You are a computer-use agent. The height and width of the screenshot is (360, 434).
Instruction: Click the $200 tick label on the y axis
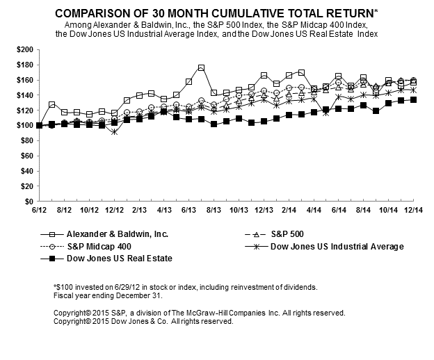(x=23, y=50)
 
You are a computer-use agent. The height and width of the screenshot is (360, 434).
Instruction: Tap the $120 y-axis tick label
(x=23, y=110)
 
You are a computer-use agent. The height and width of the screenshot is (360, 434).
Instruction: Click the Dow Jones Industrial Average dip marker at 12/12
(x=114, y=131)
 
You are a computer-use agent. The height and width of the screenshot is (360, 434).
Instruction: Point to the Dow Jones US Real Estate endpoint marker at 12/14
(x=414, y=99)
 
